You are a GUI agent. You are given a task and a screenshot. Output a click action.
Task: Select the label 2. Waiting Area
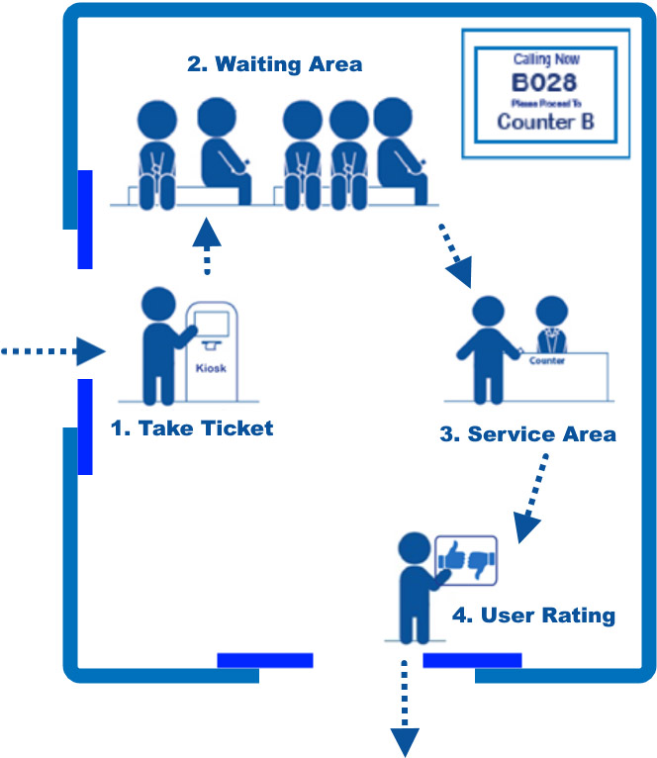tap(275, 65)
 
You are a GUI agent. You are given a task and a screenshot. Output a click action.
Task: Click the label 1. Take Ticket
tap(192, 428)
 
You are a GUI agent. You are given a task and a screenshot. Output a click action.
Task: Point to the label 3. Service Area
tap(528, 433)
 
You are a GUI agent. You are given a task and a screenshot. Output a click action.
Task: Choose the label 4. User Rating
tap(533, 616)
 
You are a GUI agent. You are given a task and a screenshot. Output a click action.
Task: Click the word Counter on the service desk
tap(547, 360)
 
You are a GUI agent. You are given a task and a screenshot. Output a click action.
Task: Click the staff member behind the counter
tap(550, 327)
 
